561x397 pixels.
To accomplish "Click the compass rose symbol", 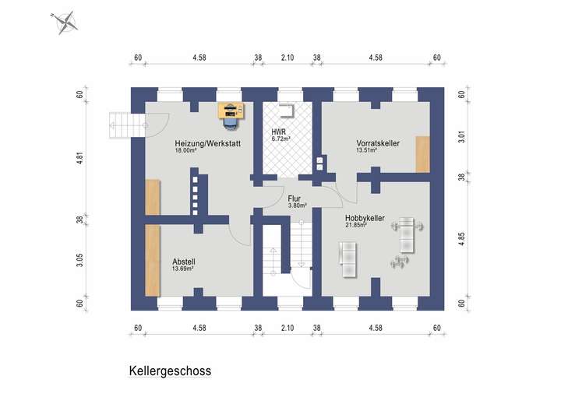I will tap(65, 22).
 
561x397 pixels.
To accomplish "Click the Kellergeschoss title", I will tap(169, 371).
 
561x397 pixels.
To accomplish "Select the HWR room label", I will tap(278, 132).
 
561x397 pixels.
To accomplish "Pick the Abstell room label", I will tap(184, 262).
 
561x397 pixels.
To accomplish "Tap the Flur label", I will tap(295, 198).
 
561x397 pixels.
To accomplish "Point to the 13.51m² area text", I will tap(367, 151).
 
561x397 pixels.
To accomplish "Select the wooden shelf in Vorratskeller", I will tap(422, 154).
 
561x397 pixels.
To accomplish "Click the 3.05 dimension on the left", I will tap(80, 259).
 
